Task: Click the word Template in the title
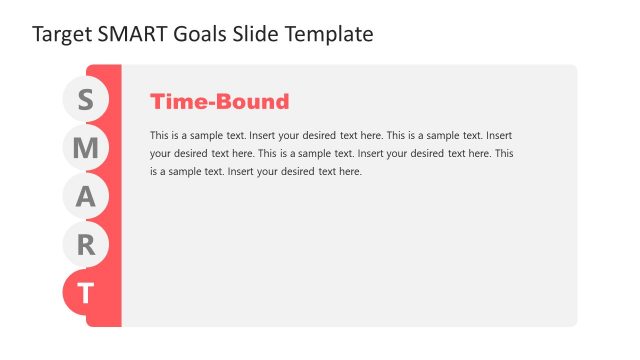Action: [x=330, y=34]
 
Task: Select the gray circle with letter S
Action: [x=85, y=100]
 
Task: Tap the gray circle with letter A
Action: [x=85, y=197]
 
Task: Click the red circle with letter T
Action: [x=85, y=294]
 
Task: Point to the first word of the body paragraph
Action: [x=160, y=134]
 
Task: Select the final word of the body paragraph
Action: [x=349, y=172]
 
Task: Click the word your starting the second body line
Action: [x=161, y=153]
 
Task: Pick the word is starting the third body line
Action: [x=154, y=172]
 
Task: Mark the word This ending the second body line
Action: [x=505, y=153]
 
